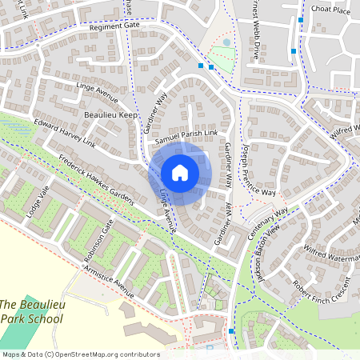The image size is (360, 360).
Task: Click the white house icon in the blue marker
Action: (180, 173)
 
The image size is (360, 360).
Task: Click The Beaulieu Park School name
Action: (31, 312)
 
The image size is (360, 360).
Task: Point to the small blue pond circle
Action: (226, 42)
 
